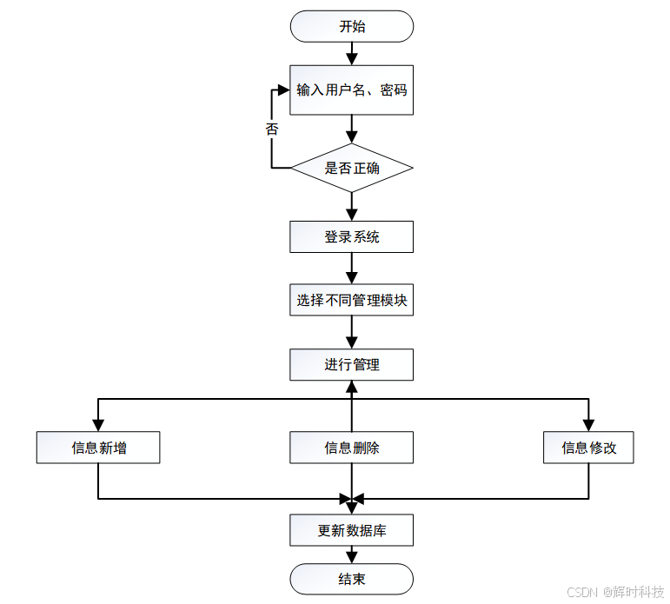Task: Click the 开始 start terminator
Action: pyautogui.click(x=351, y=26)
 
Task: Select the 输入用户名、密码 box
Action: pyautogui.click(x=351, y=90)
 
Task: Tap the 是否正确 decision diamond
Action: pyautogui.click(x=351, y=168)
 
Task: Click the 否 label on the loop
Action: pyautogui.click(x=272, y=129)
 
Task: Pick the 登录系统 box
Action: pyautogui.click(x=351, y=236)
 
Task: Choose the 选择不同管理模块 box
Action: pyautogui.click(x=351, y=300)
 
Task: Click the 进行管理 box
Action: pyautogui.click(x=351, y=364)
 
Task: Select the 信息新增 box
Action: pyautogui.click(x=98, y=448)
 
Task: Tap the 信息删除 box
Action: pyautogui.click(x=351, y=448)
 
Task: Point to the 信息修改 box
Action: pyautogui.click(x=588, y=448)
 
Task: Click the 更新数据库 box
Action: pyautogui.click(x=351, y=530)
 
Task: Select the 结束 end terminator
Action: pyautogui.click(x=351, y=579)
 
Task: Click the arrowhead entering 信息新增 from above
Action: pyautogui.click(x=98, y=426)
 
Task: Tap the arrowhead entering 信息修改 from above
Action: pyautogui.click(x=588, y=426)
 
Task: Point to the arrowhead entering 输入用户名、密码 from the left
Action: pyautogui.click(x=283, y=90)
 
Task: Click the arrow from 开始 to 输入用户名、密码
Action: pyautogui.click(x=351, y=53)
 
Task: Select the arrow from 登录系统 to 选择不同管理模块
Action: pyautogui.click(x=351, y=268)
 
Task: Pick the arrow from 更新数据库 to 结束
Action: pyautogui.click(x=351, y=554)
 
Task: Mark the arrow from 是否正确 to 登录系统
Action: pyautogui.click(x=351, y=206)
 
